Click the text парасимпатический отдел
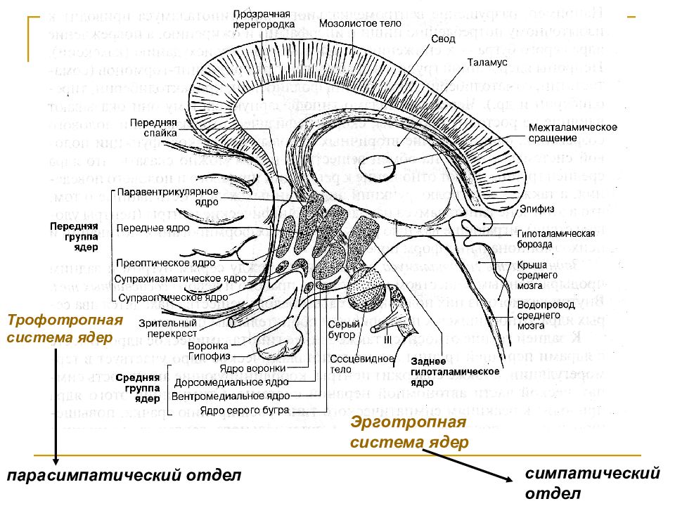tap(124, 476)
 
